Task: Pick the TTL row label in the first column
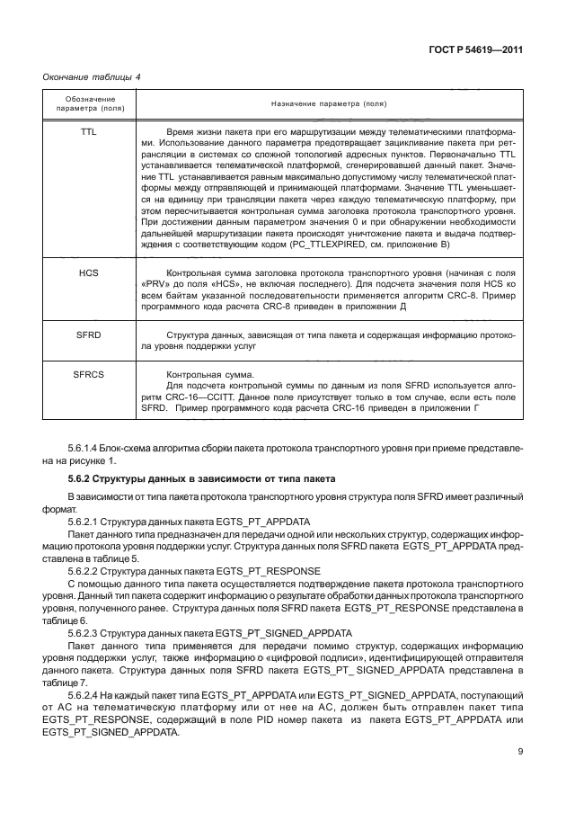tap(88, 131)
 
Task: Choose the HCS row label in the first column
tap(88, 272)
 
